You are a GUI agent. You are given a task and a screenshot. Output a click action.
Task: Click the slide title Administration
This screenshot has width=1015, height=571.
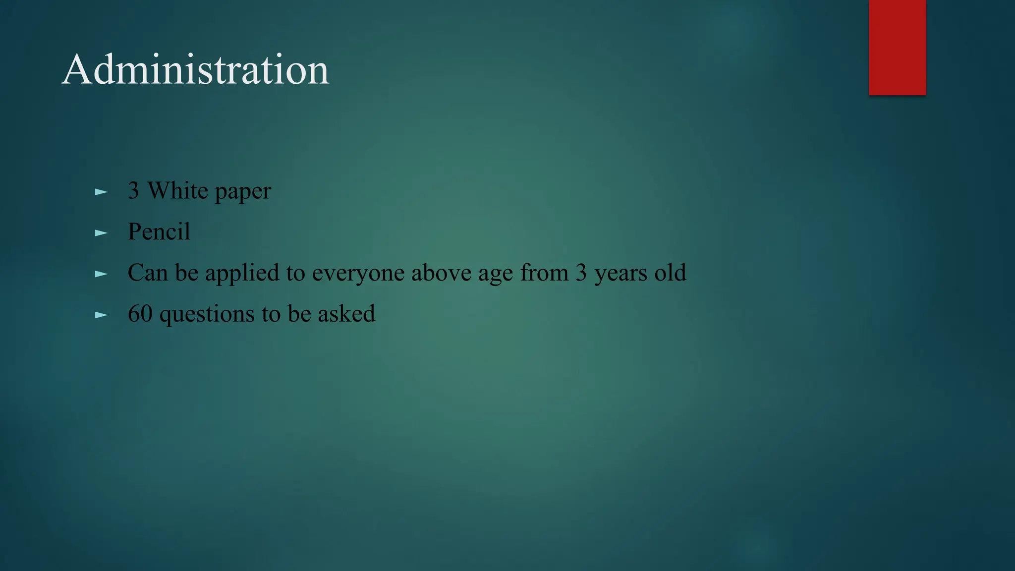pos(195,70)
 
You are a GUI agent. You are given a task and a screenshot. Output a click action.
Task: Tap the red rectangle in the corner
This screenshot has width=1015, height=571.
pos(897,47)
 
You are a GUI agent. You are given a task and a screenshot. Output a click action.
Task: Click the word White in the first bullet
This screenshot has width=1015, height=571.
pos(178,191)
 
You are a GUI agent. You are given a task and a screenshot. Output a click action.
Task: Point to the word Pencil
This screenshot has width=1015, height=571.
pos(159,231)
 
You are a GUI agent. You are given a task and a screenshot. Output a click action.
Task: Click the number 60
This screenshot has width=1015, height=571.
pos(140,314)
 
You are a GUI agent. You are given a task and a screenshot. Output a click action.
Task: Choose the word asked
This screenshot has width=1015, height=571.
pos(346,314)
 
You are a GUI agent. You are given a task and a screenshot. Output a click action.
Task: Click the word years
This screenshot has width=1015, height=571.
pos(620,274)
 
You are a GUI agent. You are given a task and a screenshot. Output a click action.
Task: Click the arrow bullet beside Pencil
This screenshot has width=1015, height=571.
pos(101,232)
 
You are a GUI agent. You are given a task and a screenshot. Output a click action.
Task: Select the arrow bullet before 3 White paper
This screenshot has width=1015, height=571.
pos(101,192)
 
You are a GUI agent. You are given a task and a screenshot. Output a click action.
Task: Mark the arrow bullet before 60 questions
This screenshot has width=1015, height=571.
pos(101,315)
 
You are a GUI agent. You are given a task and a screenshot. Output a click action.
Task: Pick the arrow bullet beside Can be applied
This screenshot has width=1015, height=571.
pos(101,274)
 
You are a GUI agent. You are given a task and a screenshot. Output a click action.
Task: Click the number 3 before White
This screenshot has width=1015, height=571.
pos(133,191)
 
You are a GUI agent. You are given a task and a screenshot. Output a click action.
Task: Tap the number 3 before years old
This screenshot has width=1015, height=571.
pos(581,273)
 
